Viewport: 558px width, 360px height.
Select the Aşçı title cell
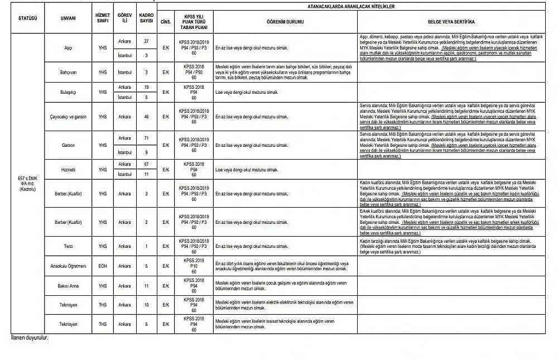click(x=69, y=48)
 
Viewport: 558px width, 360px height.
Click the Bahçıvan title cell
click(x=69, y=73)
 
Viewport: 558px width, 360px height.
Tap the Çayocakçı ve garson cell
click(x=69, y=117)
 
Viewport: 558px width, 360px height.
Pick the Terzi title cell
click(x=69, y=246)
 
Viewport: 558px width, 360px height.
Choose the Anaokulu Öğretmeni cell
click(x=69, y=266)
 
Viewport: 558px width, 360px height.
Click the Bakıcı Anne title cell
click(x=69, y=286)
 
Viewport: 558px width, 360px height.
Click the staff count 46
click(x=146, y=117)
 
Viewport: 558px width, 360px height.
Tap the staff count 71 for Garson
click(x=146, y=138)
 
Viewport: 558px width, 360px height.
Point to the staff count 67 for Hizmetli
click(x=146, y=164)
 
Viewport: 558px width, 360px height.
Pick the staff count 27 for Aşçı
click(x=146, y=41)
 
